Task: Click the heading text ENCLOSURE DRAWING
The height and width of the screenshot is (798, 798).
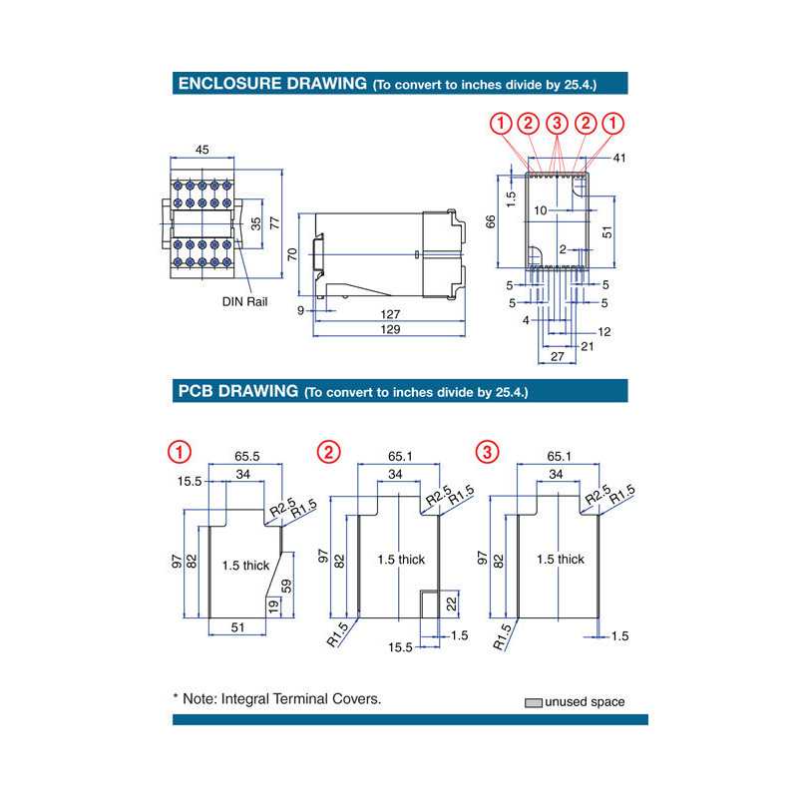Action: click(271, 84)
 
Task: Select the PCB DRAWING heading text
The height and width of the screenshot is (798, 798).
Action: click(237, 391)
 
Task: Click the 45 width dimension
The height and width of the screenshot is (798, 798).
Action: click(201, 151)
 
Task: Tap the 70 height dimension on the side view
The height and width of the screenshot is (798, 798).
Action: click(293, 253)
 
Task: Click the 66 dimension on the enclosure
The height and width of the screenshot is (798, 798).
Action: click(490, 220)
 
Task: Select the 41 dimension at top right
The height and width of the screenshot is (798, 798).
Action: click(618, 159)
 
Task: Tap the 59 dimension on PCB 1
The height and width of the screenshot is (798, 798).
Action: click(287, 587)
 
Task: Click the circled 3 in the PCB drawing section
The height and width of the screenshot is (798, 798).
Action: click(487, 452)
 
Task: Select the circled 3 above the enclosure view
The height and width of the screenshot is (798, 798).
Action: click(557, 124)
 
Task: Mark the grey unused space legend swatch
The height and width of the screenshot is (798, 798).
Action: click(534, 702)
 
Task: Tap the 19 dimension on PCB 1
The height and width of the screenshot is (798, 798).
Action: click(271, 604)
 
